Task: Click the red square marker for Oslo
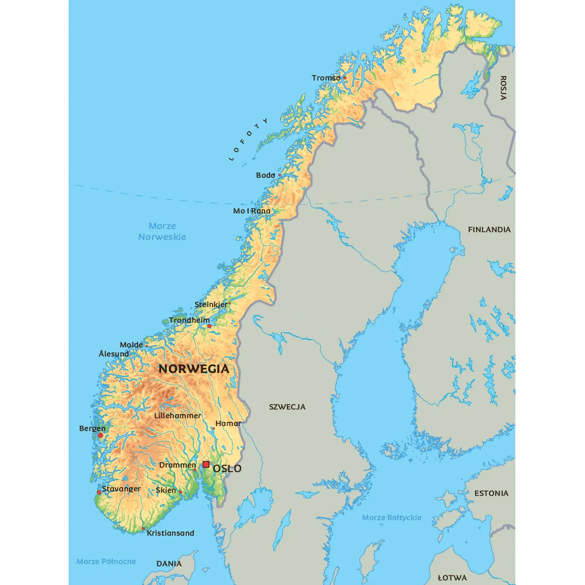[206, 464]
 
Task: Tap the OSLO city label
[227, 469]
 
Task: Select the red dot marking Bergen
[101, 436]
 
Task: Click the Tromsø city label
[326, 78]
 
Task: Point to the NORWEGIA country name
[194, 369]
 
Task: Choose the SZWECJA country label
[287, 407]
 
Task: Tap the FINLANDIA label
[489, 229]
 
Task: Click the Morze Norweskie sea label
[162, 231]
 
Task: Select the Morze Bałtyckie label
[392, 518]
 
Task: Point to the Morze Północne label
[106, 561]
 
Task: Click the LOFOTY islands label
[248, 140]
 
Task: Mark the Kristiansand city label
[170, 533]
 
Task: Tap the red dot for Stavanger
[99, 492]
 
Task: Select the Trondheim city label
[189, 320]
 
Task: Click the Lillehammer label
[177, 416]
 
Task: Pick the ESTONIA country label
[491, 493]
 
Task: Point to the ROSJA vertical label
[503, 88]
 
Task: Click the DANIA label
[169, 564]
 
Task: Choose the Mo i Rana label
[252, 211]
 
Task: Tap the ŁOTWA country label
[452, 578]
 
